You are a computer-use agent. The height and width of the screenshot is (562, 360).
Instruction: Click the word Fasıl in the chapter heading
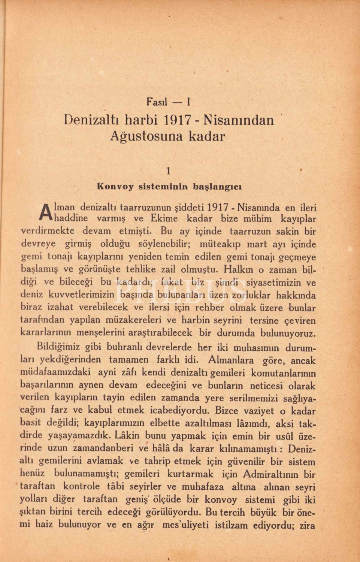pyautogui.click(x=157, y=102)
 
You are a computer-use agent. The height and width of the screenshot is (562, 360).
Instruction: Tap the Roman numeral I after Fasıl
pyautogui.click(x=189, y=102)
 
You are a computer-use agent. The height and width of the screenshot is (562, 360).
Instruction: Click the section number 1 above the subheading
pyautogui.click(x=168, y=171)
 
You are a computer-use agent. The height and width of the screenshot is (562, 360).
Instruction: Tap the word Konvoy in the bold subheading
pyautogui.click(x=115, y=186)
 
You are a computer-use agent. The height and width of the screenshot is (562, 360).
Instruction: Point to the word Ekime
pyautogui.click(x=164, y=219)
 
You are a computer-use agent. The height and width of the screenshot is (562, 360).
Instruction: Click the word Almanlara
pyautogui.click(x=230, y=360)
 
